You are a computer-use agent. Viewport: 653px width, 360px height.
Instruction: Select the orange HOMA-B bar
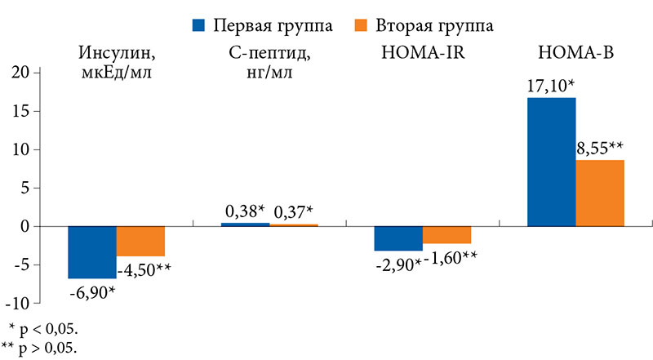600,193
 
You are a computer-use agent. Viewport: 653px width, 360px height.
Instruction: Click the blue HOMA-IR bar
398,238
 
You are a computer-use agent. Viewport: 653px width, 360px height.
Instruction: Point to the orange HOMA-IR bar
446,234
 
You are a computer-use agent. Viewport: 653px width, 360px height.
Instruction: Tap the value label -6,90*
91,291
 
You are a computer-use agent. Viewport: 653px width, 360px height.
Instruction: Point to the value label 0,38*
245,211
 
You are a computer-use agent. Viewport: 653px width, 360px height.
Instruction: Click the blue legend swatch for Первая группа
198,25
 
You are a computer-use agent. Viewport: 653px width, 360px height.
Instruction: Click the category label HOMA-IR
422,54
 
